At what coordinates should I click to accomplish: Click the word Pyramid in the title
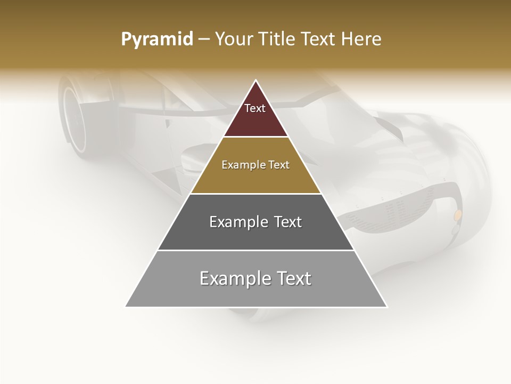(x=157, y=39)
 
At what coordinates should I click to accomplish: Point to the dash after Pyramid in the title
(x=204, y=39)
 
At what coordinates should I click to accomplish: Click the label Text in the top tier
(x=255, y=108)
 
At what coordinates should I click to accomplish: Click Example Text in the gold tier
(x=256, y=165)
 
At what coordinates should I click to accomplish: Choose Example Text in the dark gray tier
(x=256, y=222)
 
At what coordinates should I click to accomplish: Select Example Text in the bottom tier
(x=256, y=278)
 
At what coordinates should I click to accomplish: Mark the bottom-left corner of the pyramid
(x=126, y=307)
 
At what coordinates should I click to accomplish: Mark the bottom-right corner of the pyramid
(x=387, y=307)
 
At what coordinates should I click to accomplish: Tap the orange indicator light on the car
(x=457, y=214)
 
